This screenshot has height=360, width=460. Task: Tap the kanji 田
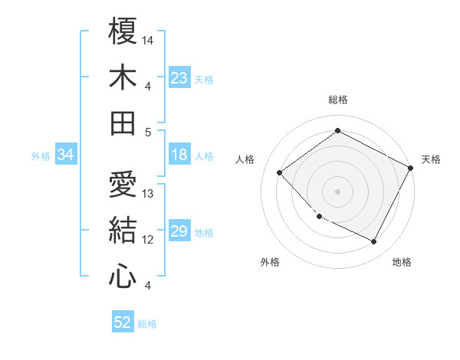123,123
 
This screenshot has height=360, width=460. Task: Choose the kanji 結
123,230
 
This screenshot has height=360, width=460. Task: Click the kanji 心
123,276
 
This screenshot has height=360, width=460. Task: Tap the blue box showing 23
179,77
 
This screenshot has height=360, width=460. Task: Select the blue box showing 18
179,155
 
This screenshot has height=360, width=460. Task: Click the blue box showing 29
179,231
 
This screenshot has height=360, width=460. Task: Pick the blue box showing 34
66,155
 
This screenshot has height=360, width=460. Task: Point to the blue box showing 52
123,322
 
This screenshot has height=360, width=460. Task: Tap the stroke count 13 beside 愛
148,194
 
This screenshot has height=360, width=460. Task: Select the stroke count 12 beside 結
148,240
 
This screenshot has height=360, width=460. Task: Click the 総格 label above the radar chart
338,100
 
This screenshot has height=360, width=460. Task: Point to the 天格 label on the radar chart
431,159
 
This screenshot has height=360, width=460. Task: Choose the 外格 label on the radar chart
270,263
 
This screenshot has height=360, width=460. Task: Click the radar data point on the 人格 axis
280,173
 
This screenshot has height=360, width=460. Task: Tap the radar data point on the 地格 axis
374,242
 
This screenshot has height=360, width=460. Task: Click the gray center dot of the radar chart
337,191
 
